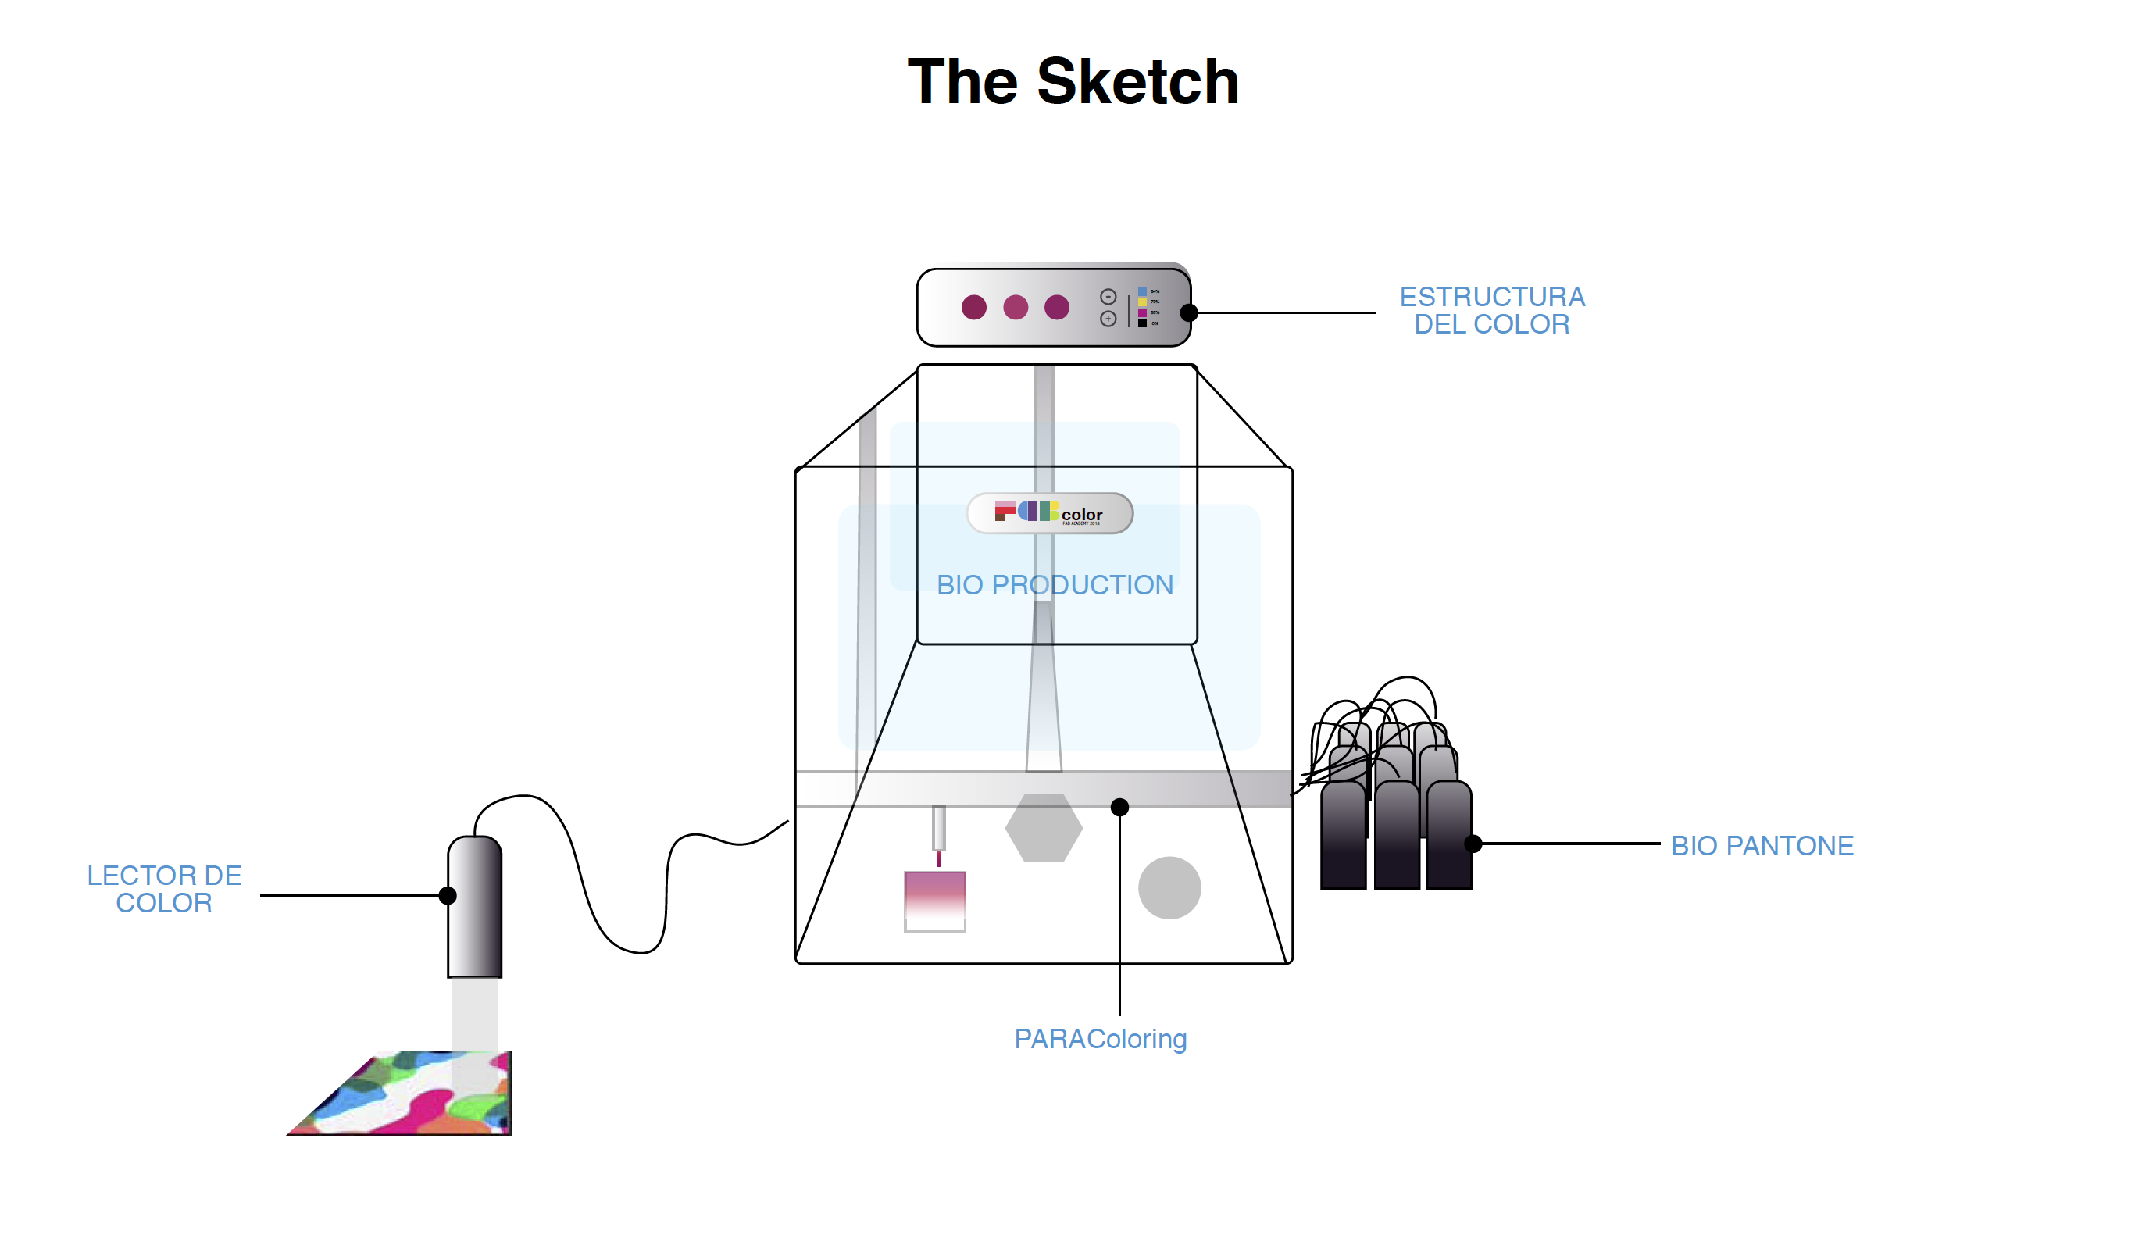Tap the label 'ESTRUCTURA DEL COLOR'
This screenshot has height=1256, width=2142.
point(1492,310)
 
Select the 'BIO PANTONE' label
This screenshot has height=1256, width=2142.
point(1762,846)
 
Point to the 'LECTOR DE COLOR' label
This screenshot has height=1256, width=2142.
point(164,889)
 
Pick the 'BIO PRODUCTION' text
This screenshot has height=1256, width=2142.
point(1054,585)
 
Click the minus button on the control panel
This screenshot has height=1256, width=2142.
point(1108,297)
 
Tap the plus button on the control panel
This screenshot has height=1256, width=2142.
point(1108,319)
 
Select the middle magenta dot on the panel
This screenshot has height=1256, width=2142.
point(1015,307)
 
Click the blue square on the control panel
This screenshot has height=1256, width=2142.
point(1142,291)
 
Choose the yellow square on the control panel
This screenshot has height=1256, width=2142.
point(1142,302)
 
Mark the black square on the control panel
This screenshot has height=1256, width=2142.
point(1142,323)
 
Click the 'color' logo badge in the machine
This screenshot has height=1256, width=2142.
point(1050,513)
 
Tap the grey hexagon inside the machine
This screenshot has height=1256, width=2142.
point(1043,828)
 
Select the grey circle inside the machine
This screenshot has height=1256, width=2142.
point(1169,887)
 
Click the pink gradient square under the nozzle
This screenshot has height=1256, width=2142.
point(934,901)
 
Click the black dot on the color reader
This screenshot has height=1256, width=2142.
point(448,896)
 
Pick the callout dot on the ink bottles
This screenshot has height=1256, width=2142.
point(1473,844)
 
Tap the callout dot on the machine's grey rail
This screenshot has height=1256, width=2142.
point(1119,808)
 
